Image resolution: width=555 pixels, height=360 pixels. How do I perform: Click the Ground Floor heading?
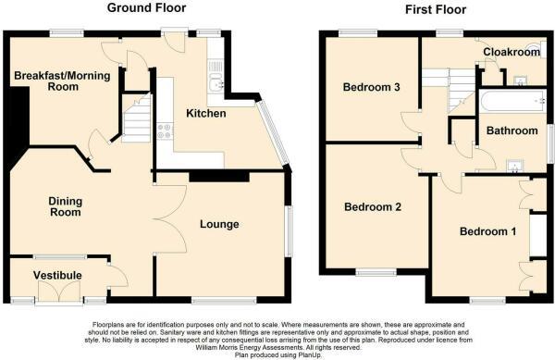pos(147,8)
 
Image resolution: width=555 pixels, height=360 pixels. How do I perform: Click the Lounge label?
pos(219,224)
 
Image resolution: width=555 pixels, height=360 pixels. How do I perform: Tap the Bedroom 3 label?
pos(371,88)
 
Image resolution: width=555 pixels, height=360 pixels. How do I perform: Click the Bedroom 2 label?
pos(372,206)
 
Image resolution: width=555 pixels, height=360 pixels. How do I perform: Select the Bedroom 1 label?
pos(488,230)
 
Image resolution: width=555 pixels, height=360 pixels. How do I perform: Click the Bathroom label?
pos(512,131)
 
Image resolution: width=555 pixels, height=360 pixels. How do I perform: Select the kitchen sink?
pos(216,86)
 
